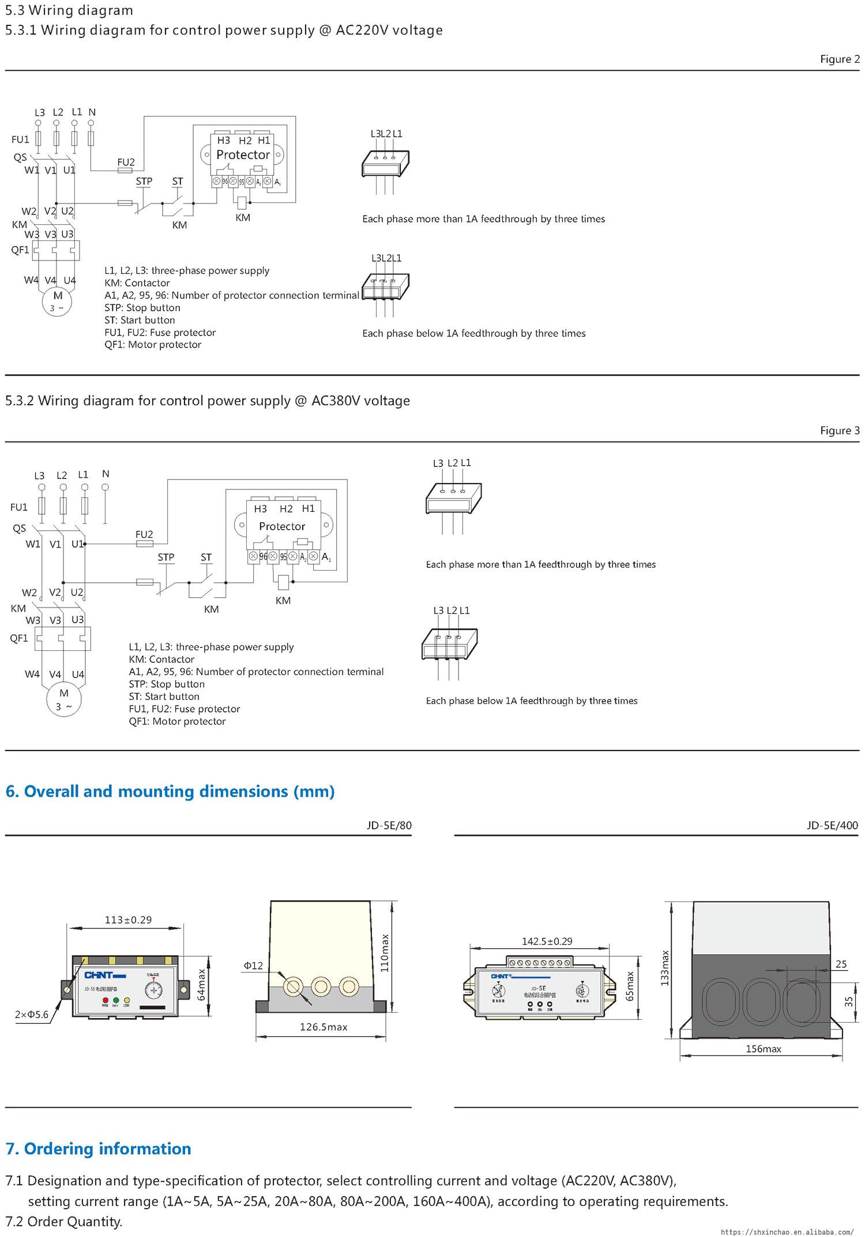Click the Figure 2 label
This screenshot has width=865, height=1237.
[840, 59]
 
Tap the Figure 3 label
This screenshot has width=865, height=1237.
[840, 431]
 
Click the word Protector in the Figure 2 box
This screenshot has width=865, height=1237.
[243, 154]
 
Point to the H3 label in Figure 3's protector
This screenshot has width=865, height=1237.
[261, 508]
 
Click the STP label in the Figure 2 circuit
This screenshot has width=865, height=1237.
[144, 181]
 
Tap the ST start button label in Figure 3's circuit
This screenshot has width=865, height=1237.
[206, 557]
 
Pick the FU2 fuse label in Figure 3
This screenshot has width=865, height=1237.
[144, 534]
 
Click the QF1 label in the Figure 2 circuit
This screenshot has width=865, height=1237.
[20, 250]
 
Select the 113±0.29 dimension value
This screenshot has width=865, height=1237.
[129, 919]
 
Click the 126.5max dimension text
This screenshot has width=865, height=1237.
[324, 1027]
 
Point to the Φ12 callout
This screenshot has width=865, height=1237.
[253, 965]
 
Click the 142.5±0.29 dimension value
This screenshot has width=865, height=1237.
[547, 941]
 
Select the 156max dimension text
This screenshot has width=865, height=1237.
[763, 1049]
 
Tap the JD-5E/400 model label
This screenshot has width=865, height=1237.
[832, 825]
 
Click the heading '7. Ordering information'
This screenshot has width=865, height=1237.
[99, 1149]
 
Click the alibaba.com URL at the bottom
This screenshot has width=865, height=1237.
[787, 1231]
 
